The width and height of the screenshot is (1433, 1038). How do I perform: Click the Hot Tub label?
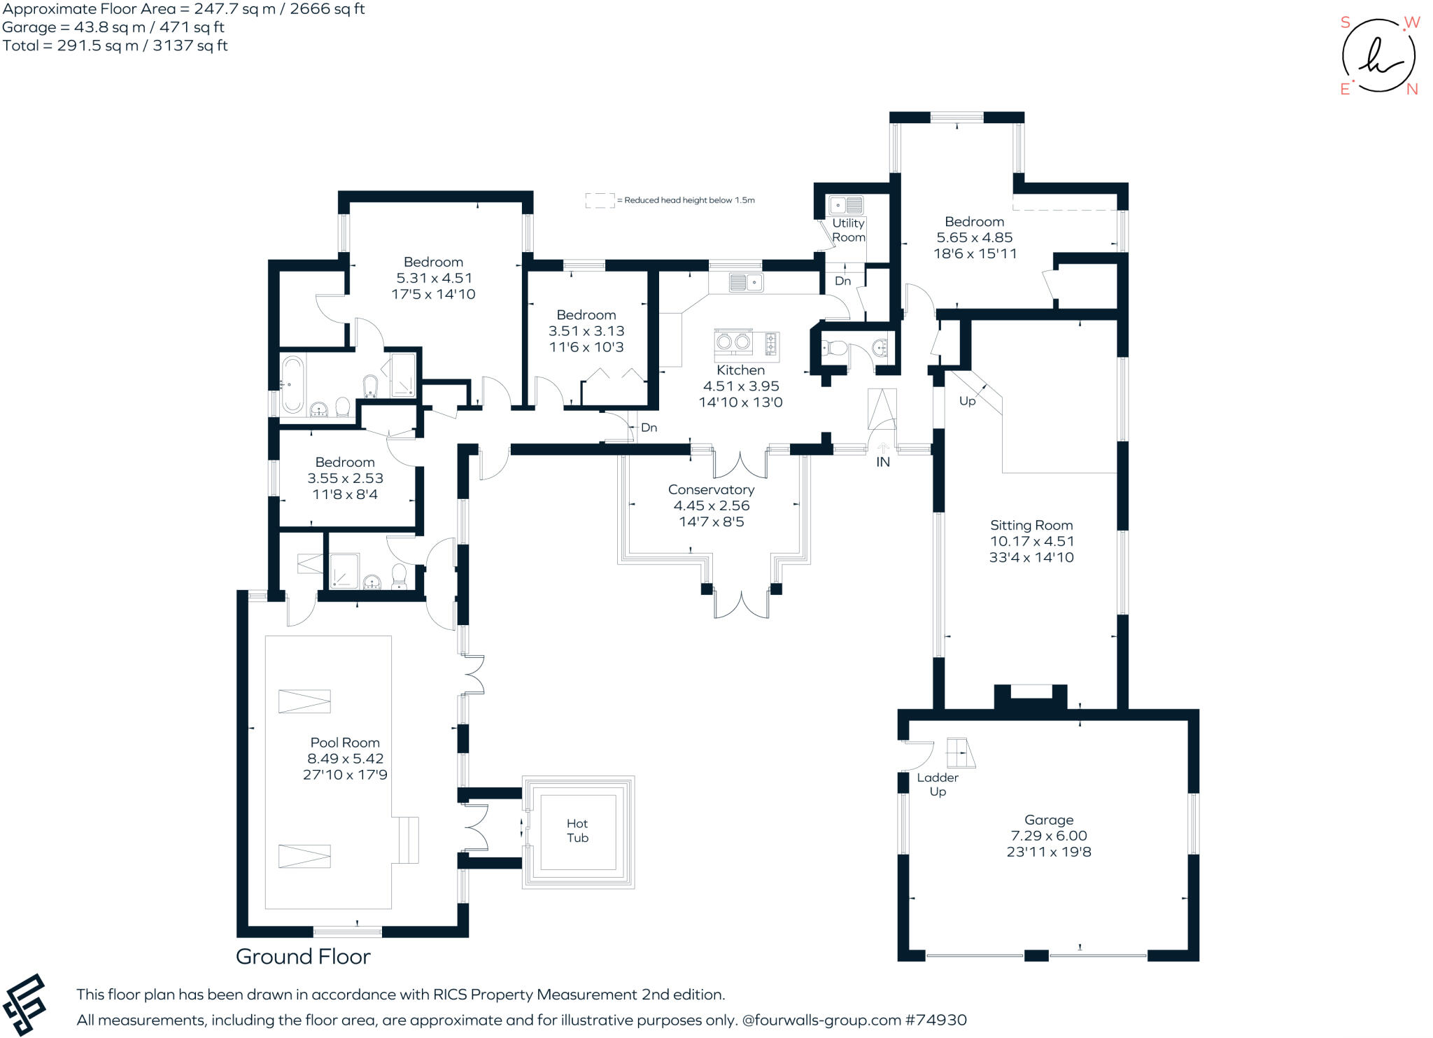pos(577,831)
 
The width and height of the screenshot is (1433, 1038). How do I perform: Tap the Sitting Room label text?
pos(1031,525)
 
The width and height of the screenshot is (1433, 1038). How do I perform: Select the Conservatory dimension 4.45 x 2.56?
pos(711,505)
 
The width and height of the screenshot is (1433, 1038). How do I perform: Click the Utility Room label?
pos(848,230)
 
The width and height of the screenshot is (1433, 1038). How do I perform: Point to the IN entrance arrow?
pos(883,449)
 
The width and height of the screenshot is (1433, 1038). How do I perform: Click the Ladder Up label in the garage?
pos(938,785)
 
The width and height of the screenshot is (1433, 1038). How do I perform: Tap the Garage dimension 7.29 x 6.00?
pos(1048,836)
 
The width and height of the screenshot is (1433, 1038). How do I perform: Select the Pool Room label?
pos(345,743)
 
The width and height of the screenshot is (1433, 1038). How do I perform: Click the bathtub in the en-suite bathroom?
pos(292,384)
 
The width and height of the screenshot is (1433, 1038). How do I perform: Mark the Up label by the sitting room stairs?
pos(967,402)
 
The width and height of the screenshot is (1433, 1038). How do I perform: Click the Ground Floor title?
pos(303,957)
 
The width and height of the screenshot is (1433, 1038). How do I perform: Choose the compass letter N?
pos(1411,90)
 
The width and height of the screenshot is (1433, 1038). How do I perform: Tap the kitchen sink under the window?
pos(745,283)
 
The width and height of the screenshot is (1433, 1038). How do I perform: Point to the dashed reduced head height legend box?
pos(600,200)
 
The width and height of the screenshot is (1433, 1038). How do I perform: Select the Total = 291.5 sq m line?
pos(115,46)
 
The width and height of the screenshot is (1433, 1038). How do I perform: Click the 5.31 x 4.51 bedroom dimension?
pos(433,279)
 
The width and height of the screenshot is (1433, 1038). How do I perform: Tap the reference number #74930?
pos(936,1021)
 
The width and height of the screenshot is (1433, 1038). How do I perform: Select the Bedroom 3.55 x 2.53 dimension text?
pos(345,479)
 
